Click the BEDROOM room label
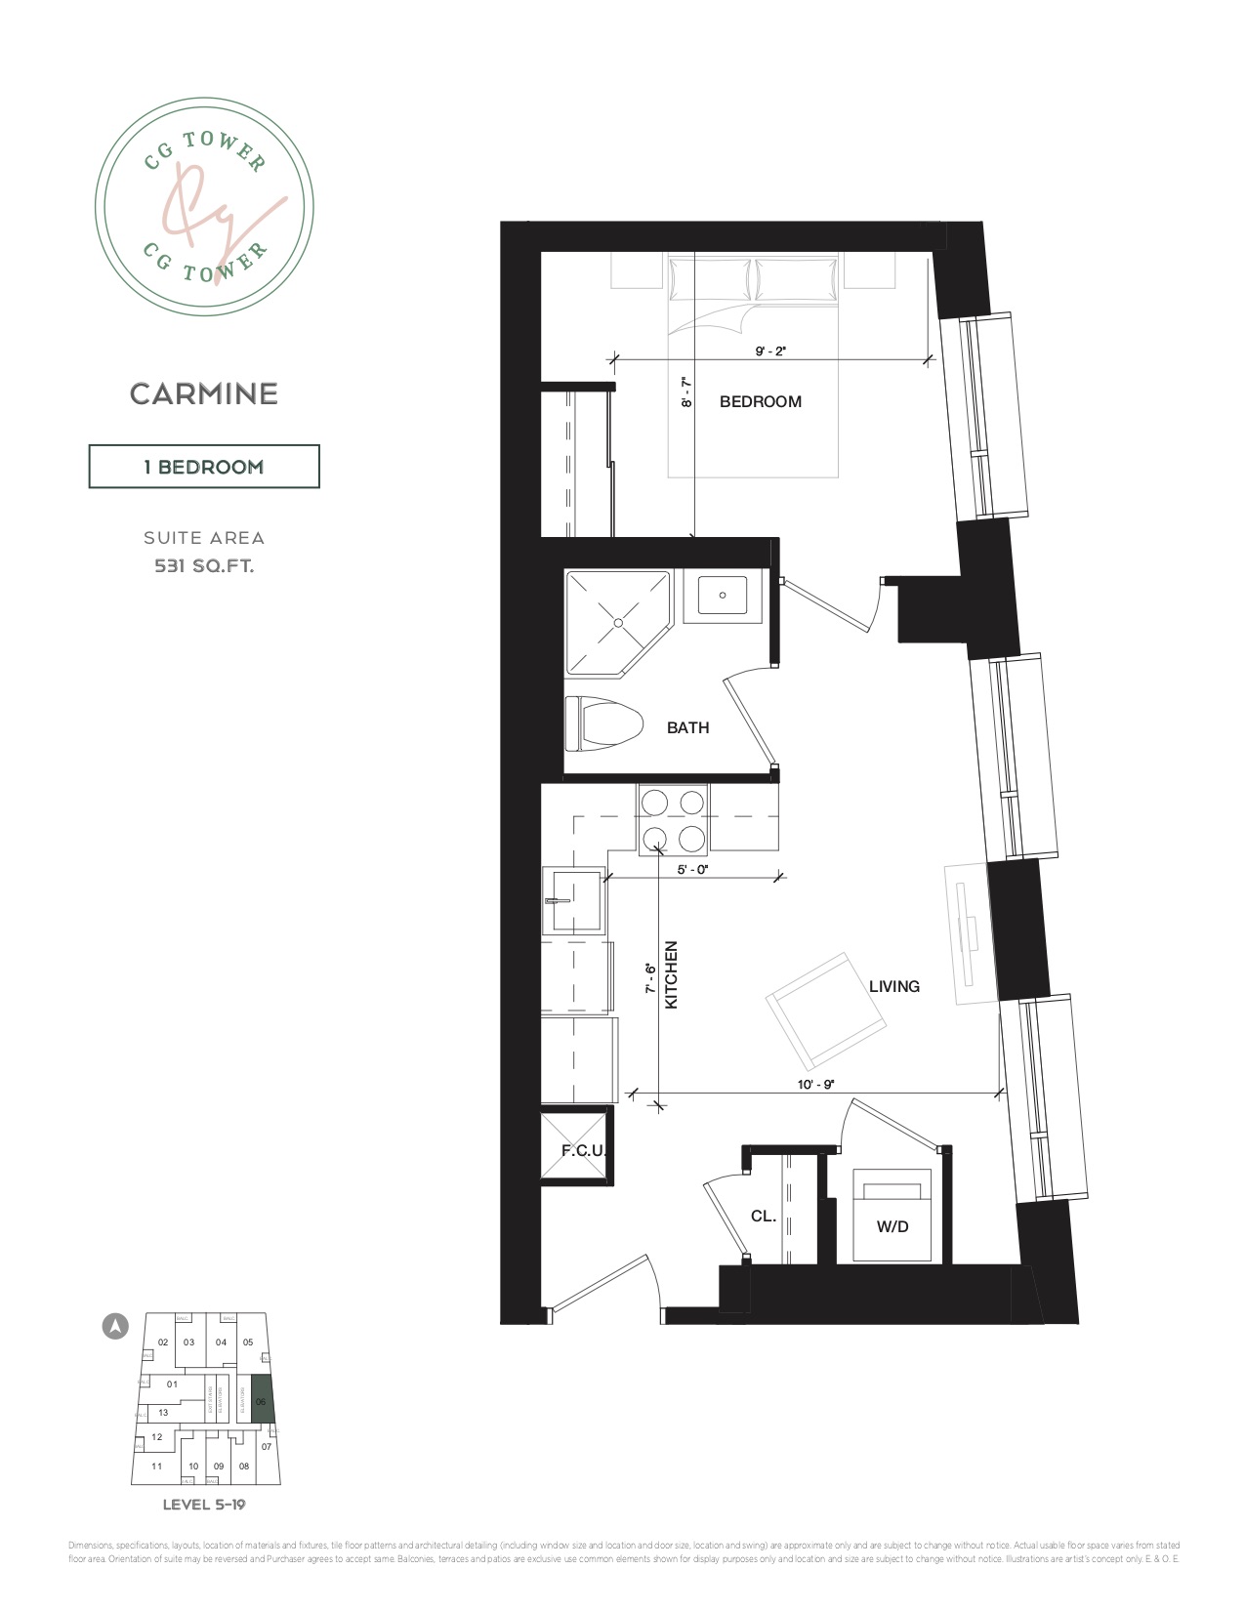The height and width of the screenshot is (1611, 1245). (760, 401)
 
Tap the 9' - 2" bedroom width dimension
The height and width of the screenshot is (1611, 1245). (769, 351)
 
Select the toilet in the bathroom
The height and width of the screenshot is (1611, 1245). (602, 723)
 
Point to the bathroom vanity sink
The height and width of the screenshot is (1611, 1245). (722, 595)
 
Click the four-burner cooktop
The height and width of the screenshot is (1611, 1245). (673, 819)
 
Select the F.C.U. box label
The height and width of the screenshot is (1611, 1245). (583, 1150)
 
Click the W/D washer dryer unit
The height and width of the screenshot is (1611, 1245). (892, 1216)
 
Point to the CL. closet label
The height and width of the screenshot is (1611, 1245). (764, 1216)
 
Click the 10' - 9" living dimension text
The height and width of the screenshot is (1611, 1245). (815, 1085)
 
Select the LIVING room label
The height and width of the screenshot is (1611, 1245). (893, 986)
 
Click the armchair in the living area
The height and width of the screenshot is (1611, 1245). (828, 1011)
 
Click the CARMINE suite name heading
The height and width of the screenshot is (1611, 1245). (204, 393)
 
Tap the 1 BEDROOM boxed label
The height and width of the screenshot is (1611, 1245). (204, 467)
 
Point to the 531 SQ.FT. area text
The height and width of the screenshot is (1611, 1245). (204, 565)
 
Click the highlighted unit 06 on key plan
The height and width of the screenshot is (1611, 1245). (262, 1399)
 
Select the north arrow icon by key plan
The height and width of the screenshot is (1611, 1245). (116, 1327)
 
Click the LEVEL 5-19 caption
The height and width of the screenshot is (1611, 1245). (204, 1504)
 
